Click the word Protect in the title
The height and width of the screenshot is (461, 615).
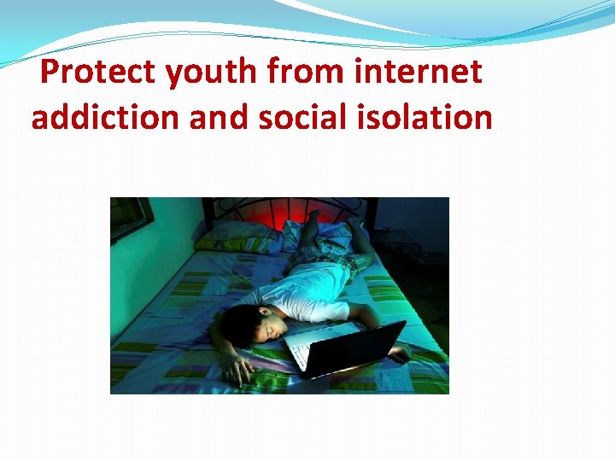point(98,73)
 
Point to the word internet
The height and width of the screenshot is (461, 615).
point(419,73)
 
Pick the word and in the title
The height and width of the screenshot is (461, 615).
point(217,117)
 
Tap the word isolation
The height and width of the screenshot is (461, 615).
point(428,117)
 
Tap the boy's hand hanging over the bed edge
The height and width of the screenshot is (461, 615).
point(238,369)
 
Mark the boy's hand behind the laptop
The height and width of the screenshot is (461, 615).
point(398,349)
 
